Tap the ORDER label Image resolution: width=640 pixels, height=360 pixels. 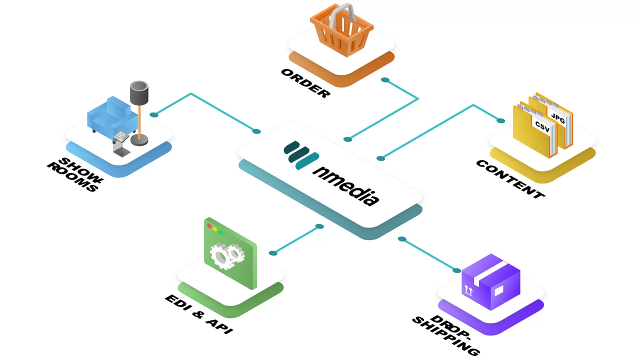pyautogui.click(x=305, y=82)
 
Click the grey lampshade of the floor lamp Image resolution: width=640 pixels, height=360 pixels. pyautogui.click(x=139, y=92)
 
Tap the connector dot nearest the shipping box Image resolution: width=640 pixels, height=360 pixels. pyautogui.click(x=456, y=270)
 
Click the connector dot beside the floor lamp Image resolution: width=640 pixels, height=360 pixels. pyautogui.click(x=154, y=115)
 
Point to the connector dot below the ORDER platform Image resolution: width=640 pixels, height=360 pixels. pyautogui.click(x=384, y=80)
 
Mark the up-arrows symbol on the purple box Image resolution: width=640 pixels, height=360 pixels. pyautogui.click(x=468, y=289)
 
